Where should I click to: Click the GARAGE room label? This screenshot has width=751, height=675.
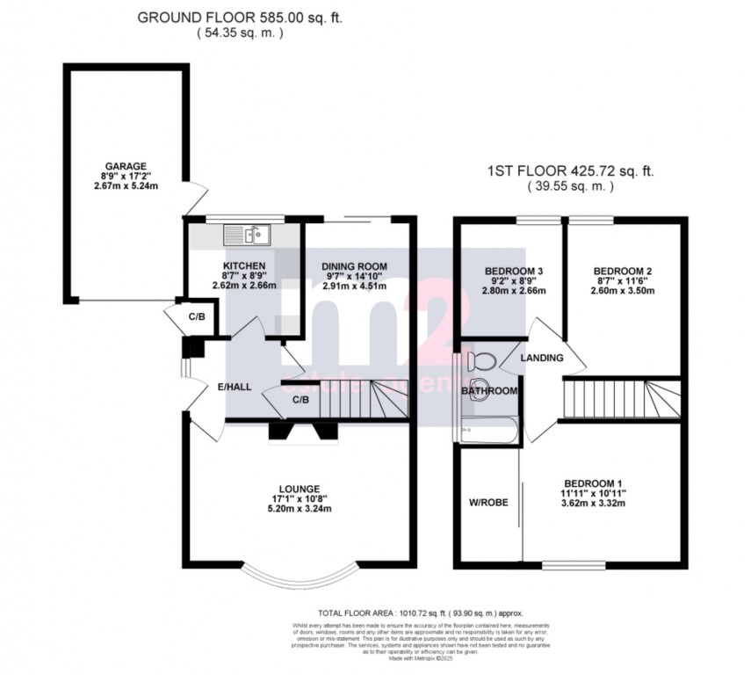[126, 166]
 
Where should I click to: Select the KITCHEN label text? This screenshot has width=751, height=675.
[244, 265]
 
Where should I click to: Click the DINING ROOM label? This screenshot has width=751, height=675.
[354, 266]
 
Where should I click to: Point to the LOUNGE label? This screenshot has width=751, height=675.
[300, 489]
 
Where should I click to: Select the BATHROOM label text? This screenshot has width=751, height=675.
[489, 390]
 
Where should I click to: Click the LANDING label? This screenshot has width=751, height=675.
[542, 359]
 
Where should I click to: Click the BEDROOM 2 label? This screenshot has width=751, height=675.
[622, 271]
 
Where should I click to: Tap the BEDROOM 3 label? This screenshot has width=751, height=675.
[514, 270]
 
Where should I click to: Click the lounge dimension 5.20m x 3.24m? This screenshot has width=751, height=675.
[300, 510]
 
